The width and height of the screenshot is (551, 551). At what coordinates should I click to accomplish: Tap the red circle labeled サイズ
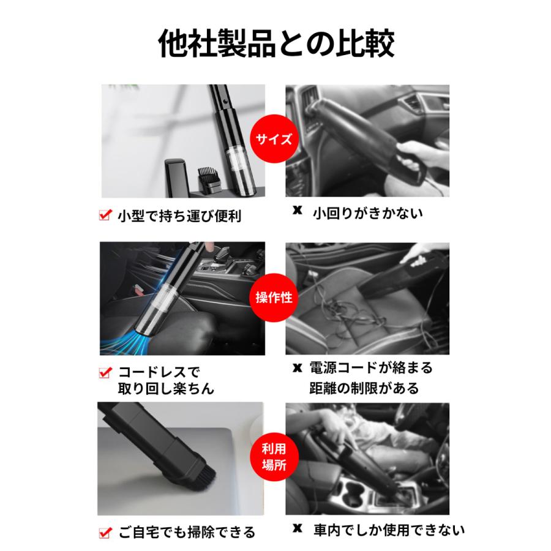pos(275,139)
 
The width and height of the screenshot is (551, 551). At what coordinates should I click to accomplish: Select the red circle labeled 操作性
pos(275,298)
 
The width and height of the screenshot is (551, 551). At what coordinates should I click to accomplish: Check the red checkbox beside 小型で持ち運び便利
pos(104,215)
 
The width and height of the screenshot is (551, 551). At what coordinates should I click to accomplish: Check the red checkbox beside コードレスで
pos(104,372)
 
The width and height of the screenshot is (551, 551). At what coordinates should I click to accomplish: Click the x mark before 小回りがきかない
pos(298,211)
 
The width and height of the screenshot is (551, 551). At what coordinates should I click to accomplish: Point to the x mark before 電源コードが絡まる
pos(298,369)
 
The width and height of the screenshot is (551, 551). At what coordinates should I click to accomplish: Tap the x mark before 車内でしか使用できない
pos(298,529)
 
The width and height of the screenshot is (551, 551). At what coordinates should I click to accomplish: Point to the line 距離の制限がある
pos(365,388)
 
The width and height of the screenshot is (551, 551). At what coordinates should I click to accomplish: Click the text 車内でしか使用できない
pos(389,530)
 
